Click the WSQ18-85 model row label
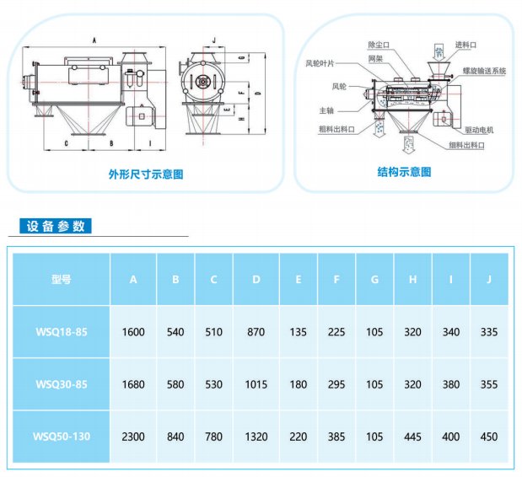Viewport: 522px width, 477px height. tap(61, 332)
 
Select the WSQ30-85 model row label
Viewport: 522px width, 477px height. tap(61, 384)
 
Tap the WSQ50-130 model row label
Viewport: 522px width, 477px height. tap(61, 437)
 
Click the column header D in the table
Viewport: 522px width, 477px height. tap(256, 279)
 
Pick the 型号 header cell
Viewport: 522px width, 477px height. tap(61, 279)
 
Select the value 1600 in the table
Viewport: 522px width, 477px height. tap(133, 332)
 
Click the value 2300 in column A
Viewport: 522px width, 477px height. tap(133, 437)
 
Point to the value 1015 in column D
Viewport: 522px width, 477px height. tap(256, 384)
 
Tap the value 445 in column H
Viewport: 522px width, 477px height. tap(412, 437)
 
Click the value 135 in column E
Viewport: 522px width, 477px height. tap(299, 332)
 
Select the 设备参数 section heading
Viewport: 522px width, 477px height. tap(56, 226)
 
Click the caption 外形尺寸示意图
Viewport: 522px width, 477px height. tap(145, 174)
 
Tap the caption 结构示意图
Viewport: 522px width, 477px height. tap(404, 171)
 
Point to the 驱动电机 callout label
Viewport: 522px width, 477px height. tap(479, 130)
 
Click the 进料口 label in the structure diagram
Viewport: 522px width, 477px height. tap(466, 44)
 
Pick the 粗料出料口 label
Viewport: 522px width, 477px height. tap(336, 129)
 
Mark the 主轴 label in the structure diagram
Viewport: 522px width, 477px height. tap(326, 110)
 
